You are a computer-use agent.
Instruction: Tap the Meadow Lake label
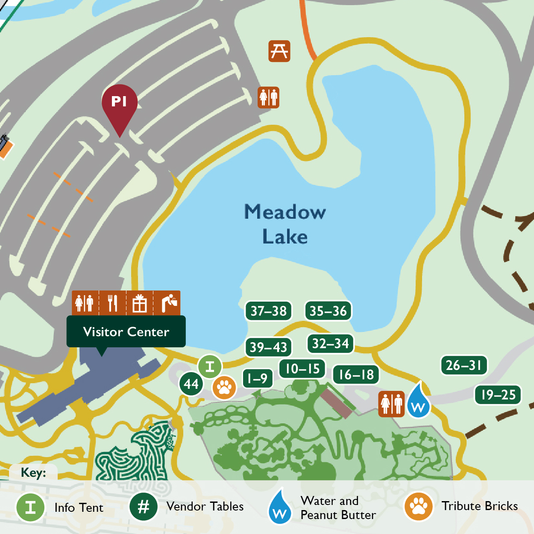pos(285,224)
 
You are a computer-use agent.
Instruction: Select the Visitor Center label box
pos(126,332)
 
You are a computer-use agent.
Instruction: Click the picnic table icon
pos(279,51)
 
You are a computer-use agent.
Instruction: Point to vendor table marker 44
pos(191,384)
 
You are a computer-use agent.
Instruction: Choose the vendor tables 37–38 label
pos(268,311)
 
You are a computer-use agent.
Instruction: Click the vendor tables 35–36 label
pos(328,311)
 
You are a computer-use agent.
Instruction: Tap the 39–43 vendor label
pos(268,347)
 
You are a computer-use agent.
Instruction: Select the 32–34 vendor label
pos(330,343)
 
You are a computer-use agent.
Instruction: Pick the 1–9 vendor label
pos(258,378)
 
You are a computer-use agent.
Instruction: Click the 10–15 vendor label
pos(302,369)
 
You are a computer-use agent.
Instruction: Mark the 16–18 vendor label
pos(356,375)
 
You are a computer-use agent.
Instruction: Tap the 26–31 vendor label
pos(464,365)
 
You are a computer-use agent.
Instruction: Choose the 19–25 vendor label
pos(498,395)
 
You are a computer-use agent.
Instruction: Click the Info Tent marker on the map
pos(210,367)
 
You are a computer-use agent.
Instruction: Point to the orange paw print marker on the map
pos(224,388)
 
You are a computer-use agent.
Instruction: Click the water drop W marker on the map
pos(418,402)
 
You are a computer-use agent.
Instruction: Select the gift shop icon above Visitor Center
pos(140,303)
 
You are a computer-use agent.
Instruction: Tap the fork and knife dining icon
pos(112,303)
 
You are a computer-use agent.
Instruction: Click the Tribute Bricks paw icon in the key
pos(419,507)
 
